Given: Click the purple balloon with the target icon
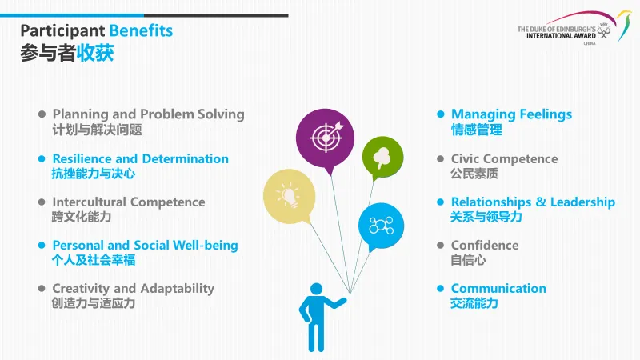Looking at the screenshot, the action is pos(325,138).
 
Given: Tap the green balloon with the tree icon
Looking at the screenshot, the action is pos(382,157).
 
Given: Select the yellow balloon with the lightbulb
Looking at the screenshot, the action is pos(289,196).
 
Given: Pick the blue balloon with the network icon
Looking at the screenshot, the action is pos(381,226).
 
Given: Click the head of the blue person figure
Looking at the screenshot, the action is pos(316,289).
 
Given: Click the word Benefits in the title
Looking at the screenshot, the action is pos(142,30).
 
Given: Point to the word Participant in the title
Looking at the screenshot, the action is pos(62,31).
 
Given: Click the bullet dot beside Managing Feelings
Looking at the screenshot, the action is pos(441,114).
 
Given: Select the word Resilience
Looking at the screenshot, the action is pos(82,158).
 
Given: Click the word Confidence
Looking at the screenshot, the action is pos(485,245).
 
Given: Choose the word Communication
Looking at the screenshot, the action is pos(498,288).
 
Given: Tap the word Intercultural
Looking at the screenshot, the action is pos(89,202).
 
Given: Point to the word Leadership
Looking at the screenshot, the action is pos(582,202).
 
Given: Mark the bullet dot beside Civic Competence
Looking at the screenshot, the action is pos(441,158).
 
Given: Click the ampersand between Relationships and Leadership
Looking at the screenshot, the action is pos(541,202).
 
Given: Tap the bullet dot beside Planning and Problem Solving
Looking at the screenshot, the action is pos(42,114).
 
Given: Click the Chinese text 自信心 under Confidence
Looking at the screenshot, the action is pos(468,260).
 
